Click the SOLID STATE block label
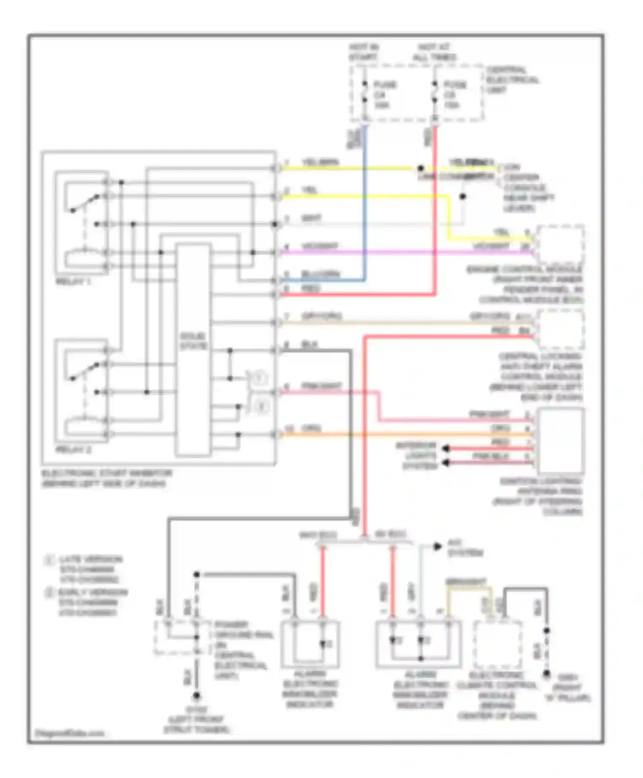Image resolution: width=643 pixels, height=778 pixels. [193, 341]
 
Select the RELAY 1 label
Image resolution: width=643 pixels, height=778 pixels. [73, 282]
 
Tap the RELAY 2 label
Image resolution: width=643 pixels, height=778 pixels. [73, 450]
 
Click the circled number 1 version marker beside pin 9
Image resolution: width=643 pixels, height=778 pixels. [259, 378]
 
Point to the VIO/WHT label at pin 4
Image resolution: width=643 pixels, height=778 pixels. [320, 246]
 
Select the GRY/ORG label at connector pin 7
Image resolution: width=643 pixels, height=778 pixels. [321, 316]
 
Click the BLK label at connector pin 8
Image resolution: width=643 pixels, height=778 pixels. [309, 345]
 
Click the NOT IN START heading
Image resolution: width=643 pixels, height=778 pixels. [363, 52]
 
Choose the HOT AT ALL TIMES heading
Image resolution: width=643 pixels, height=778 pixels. [434, 52]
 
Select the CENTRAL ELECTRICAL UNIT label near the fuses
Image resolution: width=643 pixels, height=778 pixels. [512, 80]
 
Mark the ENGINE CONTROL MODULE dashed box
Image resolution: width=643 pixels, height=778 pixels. [561, 245]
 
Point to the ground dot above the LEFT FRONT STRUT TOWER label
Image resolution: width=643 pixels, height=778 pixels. [197, 695]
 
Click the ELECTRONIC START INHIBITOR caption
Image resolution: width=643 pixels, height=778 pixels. [106, 478]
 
